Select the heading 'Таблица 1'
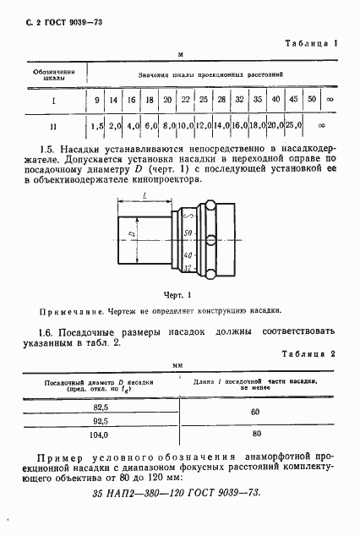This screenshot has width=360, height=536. tap(311, 42)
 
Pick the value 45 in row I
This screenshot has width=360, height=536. tap(292, 101)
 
